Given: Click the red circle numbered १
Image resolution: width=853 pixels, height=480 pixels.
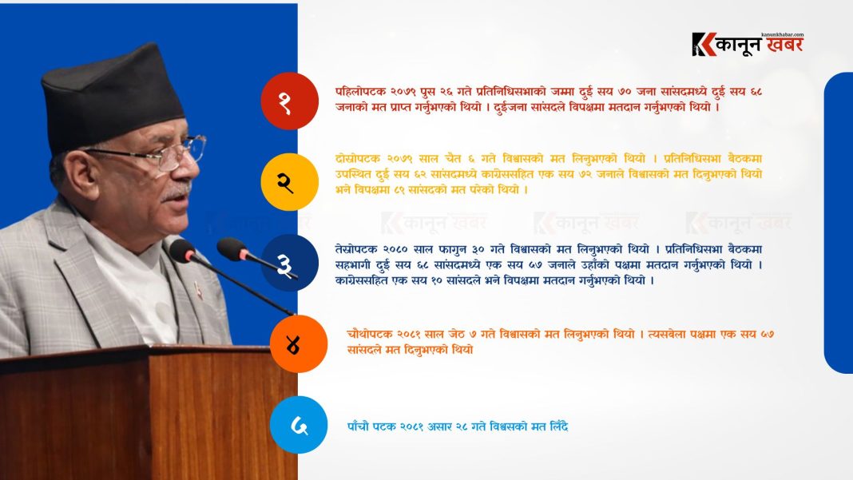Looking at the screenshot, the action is [x=289, y=101].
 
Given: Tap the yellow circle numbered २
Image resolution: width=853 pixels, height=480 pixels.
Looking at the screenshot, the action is [x=289, y=182].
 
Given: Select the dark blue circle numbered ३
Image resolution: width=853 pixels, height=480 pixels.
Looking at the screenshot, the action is [x=289, y=263].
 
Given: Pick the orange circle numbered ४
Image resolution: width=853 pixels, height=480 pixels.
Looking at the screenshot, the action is [x=299, y=344].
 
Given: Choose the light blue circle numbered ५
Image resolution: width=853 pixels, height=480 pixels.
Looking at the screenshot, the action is [x=299, y=425].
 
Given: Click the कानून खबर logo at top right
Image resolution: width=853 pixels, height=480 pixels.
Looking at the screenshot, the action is [x=748, y=44].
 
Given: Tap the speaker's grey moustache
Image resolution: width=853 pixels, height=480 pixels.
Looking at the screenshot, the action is [x=177, y=192].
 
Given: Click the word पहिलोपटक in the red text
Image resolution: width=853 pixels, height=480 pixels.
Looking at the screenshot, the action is [x=361, y=92].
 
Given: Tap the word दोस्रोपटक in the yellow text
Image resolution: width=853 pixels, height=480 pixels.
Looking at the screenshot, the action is [x=358, y=159].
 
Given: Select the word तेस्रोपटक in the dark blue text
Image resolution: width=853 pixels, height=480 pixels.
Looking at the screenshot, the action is [x=356, y=250].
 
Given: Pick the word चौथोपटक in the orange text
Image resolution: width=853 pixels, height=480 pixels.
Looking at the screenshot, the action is [x=369, y=334].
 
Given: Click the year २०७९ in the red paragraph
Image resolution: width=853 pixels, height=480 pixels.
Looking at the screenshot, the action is [x=403, y=92].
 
